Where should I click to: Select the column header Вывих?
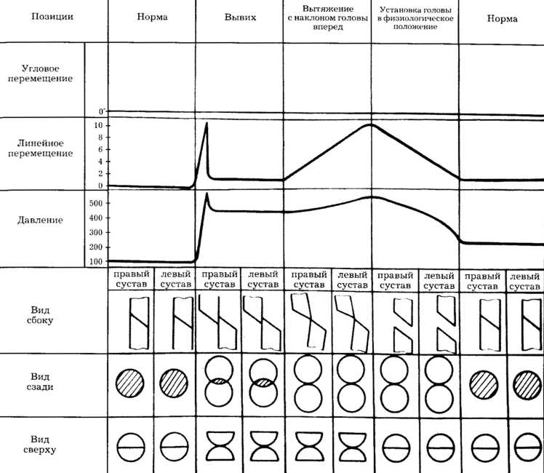(x=240, y=17)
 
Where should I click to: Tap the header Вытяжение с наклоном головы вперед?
(x=327, y=17)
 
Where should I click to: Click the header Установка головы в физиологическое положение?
(x=414, y=17)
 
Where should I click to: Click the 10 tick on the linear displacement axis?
(x=98, y=125)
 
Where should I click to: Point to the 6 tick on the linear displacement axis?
(x=100, y=149)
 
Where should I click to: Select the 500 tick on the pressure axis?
(x=95, y=204)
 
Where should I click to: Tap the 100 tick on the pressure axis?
(x=95, y=261)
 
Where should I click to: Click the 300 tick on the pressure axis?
(x=95, y=232)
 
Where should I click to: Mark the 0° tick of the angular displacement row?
(x=102, y=112)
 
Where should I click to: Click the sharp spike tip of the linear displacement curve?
(x=207, y=123)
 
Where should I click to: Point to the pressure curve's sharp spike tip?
(x=207, y=194)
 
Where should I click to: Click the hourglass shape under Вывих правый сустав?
(x=218, y=445)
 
